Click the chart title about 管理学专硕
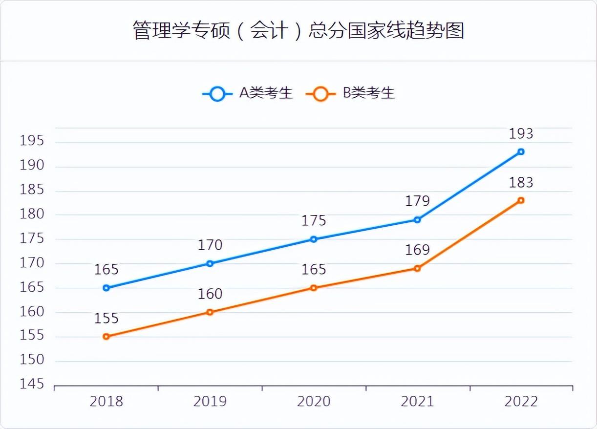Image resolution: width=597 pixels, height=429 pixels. coord(298,30)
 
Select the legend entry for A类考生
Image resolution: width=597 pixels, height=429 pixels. coord(248,93)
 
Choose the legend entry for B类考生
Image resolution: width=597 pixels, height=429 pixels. coord(350,93)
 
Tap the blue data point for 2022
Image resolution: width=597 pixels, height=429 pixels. coord(521,151)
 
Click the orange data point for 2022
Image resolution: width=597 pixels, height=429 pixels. coord(521,200)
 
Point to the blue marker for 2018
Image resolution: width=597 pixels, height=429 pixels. coord(106,288)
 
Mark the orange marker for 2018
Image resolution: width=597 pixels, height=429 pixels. coord(106,337)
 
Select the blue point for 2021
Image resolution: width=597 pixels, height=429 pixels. coord(417,220)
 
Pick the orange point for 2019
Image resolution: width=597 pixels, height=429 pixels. coord(210,312)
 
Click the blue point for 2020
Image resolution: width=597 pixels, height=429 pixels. coord(314,239)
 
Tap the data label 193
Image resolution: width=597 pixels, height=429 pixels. coord(521,133)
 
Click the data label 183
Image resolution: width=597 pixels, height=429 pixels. coord(521,182)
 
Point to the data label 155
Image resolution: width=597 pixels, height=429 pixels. coord(106,318)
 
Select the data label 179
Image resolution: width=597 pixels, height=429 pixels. coord(417,201)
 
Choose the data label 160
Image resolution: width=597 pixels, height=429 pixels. coord(210,294)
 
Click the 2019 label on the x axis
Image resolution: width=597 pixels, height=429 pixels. coord(210,402)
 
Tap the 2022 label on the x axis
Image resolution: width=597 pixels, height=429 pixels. coord(521,402)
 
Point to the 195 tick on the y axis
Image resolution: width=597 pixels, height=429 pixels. coord(32,141)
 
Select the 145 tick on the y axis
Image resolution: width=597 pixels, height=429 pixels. coord(32,385)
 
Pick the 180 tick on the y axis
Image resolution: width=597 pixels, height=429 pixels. coord(32,214)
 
